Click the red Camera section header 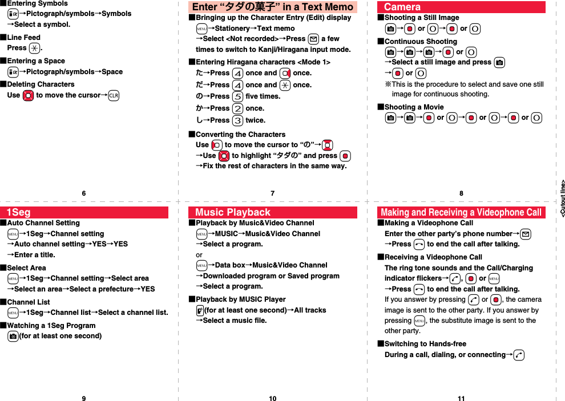coord(461,7)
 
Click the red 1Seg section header coord(84,213)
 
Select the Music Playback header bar coord(272,213)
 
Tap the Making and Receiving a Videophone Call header coord(461,213)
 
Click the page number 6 coord(84,193)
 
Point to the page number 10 coord(272,398)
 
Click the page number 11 coord(461,398)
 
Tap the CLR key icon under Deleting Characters coord(113,95)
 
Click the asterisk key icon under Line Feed coord(34,48)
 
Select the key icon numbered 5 coord(238,96)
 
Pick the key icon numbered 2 coord(238,108)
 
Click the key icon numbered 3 coord(238,120)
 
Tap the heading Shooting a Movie coord(414,107)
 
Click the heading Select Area coord(26,268)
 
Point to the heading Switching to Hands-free coord(425,344)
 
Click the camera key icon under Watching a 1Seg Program coord(13,336)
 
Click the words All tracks coord(310,310)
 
